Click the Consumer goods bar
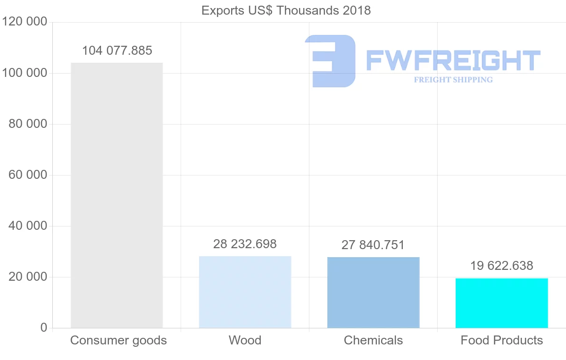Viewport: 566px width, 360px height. coord(117,195)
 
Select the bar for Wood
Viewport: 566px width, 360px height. coord(245,292)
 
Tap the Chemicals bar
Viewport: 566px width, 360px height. coord(373,293)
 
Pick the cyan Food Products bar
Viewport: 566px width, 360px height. coord(501,303)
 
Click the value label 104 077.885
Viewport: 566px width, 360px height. coord(117,51)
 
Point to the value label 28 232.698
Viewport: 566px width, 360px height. coord(245,244)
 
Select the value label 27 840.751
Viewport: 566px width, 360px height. coord(373,245)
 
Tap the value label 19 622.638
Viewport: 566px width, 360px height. coord(501,266)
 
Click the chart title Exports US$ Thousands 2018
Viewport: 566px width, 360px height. coord(286,10)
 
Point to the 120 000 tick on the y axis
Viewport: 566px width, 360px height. coord(25,22)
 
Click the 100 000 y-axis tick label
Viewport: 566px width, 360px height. coord(25,73)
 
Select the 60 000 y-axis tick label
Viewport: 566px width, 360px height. coord(28,175)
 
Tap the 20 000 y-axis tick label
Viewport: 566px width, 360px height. coord(28,277)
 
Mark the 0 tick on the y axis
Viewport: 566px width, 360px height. coord(43,328)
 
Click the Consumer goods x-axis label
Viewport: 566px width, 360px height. coord(118,340)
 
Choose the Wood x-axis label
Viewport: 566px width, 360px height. coord(245,340)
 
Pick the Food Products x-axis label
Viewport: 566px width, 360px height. coord(501,340)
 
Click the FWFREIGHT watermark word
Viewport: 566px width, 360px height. coord(453,61)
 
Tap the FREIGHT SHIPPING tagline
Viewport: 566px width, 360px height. coord(453,80)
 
